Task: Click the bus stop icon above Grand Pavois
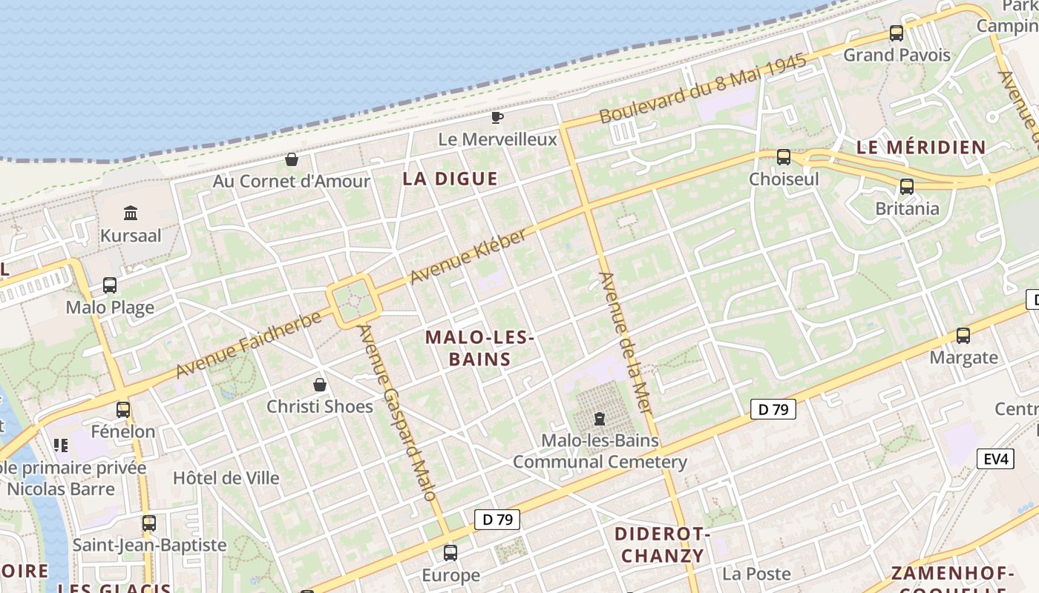point(897,33)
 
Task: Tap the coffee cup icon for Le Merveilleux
point(497,117)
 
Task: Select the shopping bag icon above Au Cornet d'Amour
point(292,159)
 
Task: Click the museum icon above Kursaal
point(131,213)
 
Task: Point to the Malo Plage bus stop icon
point(110,285)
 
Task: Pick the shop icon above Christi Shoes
point(320,385)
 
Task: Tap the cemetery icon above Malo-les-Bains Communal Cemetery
point(600,419)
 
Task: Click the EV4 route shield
point(995,459)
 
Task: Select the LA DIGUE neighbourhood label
point(450,179)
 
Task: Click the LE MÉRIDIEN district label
point(921,147)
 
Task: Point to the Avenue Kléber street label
point(468,256)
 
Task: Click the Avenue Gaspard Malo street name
point(397,412)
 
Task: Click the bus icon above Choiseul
point(784,157)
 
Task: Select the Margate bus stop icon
point(963,336)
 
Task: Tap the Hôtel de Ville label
point(226,478)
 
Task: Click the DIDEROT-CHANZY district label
point(663,545)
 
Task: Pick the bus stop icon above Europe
point(450,553)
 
